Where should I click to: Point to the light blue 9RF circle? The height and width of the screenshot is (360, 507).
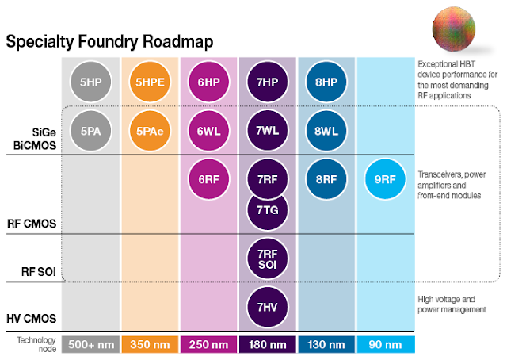(386, 179)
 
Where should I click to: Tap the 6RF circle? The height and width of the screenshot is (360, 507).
(209, 179)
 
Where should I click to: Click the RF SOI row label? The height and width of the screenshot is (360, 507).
(39, 271)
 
